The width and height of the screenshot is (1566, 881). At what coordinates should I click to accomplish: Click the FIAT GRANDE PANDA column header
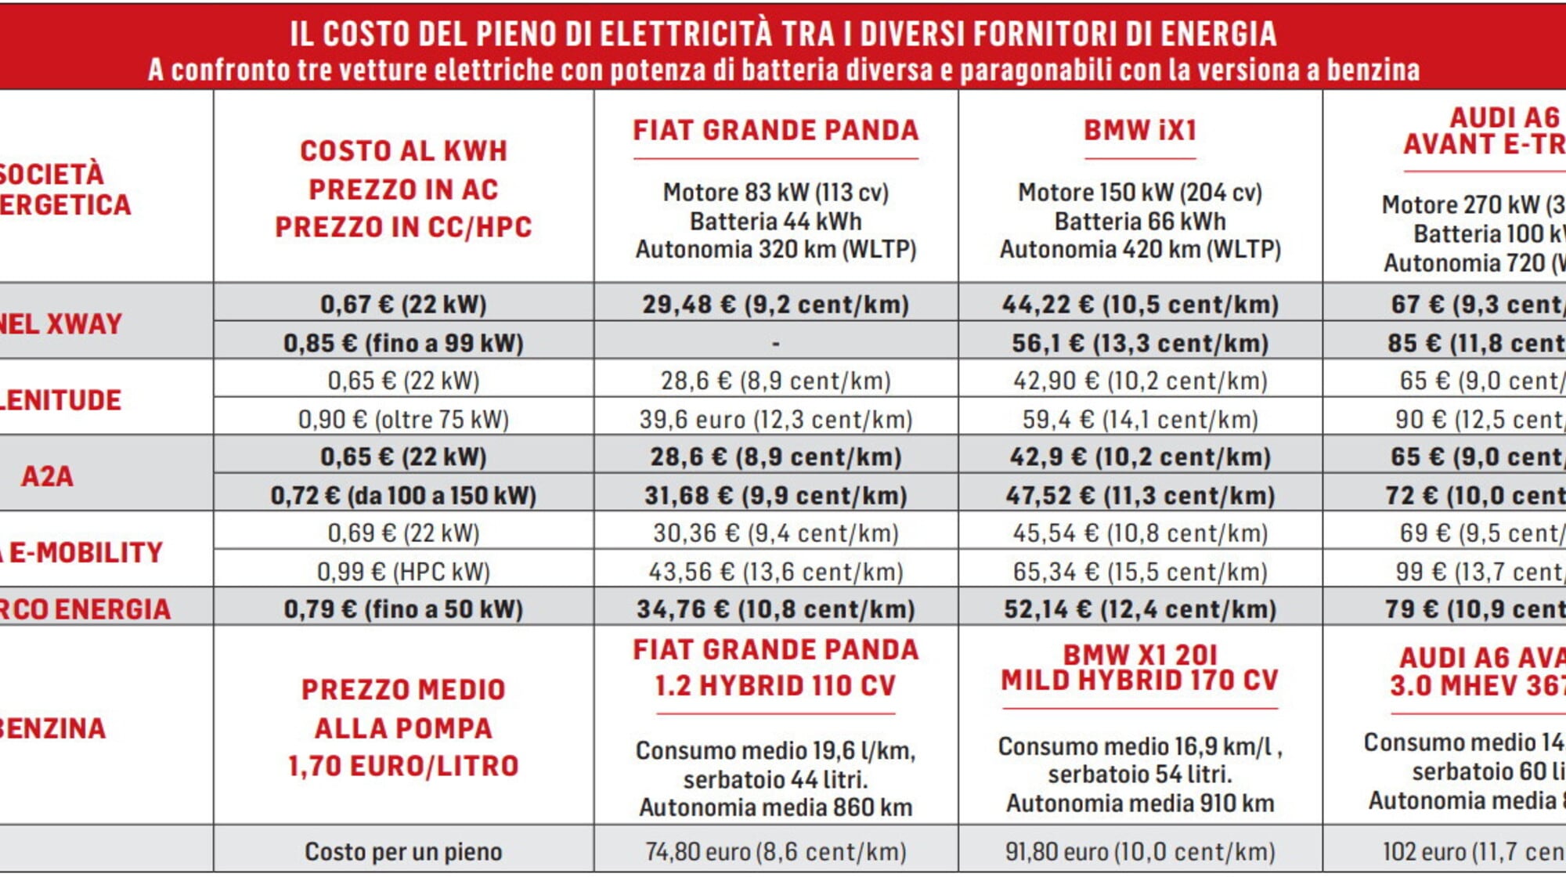point(775,131)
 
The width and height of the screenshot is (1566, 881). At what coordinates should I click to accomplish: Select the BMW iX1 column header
point(1140,131)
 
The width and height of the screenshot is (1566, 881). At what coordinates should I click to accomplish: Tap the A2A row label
point(47,476)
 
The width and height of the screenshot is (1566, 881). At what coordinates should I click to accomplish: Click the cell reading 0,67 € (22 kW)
point(403,304)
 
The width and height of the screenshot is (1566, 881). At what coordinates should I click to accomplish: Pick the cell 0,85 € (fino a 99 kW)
point(403,342)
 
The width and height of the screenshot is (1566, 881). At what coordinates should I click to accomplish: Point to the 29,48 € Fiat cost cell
point(775,304)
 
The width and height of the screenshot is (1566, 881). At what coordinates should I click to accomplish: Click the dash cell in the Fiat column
point(775,342)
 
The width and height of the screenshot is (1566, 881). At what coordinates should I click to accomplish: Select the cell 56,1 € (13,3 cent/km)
point(1140,342)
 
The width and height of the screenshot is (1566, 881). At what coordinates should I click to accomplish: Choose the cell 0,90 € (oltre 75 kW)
point(403,419)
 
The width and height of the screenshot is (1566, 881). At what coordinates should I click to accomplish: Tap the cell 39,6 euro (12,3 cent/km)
point(775,419)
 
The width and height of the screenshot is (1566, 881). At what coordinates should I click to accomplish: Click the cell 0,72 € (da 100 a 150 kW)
point(403,495)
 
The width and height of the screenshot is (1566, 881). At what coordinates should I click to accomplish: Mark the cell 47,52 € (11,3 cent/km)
point(1140,495)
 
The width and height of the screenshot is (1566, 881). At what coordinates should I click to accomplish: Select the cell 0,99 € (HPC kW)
point(403,571)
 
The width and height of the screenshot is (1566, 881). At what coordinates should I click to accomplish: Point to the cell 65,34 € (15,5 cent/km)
point(1140,571)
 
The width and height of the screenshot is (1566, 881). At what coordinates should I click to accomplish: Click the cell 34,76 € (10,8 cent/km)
point(775,608)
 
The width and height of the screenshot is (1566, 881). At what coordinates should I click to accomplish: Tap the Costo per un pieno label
point(403,851)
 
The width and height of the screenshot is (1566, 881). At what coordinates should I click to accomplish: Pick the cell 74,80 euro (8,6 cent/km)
point(775,851)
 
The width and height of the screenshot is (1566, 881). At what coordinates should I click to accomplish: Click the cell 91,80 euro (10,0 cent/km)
point(1140,851)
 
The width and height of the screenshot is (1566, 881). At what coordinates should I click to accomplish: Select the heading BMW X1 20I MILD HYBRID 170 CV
point(1140,667)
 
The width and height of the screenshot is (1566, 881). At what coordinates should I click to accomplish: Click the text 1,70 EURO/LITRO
point(403,766)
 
